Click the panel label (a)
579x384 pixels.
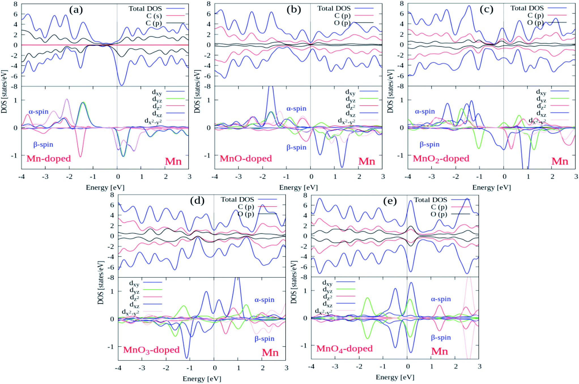point(76,10)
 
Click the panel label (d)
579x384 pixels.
point(197,201)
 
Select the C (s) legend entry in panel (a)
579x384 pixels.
point(154,16)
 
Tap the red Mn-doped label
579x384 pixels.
point(49,159)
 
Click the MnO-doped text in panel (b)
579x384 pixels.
point(246,159)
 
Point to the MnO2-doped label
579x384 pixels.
point(441,159)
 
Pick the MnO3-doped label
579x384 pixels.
point(151,350)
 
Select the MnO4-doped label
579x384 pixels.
point(344,349)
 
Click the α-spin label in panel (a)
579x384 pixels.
point(39,112)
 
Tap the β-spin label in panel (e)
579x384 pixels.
point(441,337)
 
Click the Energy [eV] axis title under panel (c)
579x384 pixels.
point(491,187)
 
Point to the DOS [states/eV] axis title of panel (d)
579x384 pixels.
point(101,283)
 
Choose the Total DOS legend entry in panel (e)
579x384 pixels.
point(430,200)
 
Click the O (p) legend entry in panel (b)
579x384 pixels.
point(342,23)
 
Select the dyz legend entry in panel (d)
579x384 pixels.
point(134,291)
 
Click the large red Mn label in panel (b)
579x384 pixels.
point(367,161)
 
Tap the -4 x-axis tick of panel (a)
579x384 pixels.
point(21,177)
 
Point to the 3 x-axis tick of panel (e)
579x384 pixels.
point(479,366)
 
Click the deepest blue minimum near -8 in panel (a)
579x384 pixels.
point(122,85)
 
